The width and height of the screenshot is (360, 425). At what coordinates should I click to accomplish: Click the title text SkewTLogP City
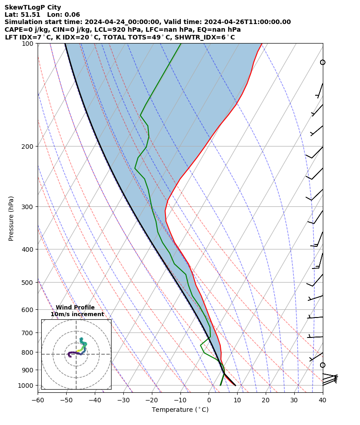click(33, 8)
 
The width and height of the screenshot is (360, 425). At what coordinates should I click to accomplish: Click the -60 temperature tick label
click(38, 400)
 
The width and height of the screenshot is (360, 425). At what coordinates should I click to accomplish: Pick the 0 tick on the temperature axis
click(209, 400)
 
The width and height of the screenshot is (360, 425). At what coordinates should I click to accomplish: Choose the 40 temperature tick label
click(323, 400)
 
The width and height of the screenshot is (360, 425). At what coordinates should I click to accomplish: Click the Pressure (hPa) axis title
click(11, 218)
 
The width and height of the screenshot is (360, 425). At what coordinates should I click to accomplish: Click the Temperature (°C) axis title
click(180, 410)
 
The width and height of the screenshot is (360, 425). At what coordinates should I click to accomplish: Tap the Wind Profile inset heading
click(75, 308)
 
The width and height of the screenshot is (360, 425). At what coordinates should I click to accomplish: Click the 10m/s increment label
click(77, 314)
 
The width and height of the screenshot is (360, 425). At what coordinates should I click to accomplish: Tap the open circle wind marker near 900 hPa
click(323, 365)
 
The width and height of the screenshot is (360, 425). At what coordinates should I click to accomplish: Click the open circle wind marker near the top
click(323, 62)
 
